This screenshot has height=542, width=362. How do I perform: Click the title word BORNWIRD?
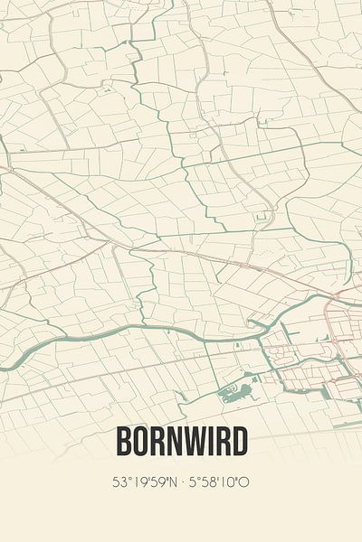181,443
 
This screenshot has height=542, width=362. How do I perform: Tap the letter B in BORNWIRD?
123,443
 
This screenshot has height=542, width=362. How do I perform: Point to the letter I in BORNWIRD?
209,443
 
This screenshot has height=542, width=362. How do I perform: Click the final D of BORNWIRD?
239,443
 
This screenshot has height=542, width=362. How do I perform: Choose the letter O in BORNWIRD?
138,443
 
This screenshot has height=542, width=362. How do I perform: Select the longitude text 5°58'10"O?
218,482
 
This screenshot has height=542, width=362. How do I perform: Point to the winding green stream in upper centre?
181,163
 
